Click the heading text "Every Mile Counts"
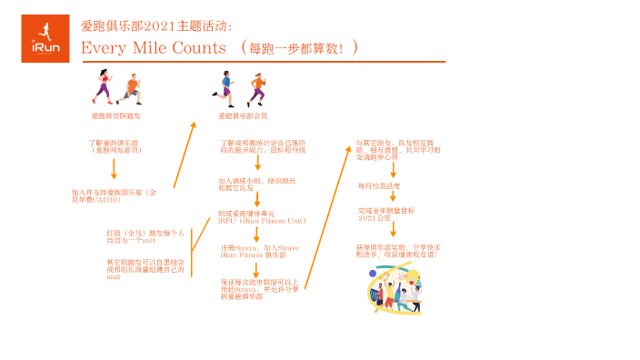point(154,47)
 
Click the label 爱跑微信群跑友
point(115,116)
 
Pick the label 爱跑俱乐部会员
point(243,116)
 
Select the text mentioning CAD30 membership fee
point(115,195)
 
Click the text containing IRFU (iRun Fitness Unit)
point(262,217)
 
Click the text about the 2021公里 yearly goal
point(386,214)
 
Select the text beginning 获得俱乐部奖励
point(398,250)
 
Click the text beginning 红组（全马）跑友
point(145,236)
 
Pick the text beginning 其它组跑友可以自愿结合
point(145,269)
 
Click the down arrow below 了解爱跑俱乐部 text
point(115,170)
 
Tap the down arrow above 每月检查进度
point(393,170)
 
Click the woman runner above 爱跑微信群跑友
point(104,87)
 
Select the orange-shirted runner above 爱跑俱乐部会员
point(256,89)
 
